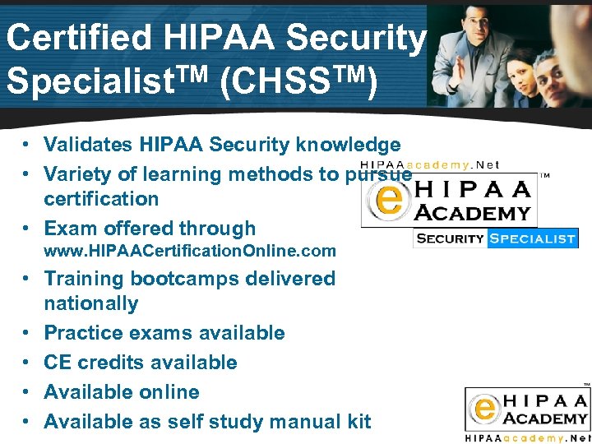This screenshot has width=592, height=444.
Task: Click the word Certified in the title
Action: tap(78, 37)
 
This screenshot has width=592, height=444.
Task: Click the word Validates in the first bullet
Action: tap(91, 146)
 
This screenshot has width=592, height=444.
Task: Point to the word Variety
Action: tap(79, 174)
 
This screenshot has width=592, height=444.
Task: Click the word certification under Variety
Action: tap(101, 199)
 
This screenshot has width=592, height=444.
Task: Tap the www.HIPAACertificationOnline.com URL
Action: tap(190, 250)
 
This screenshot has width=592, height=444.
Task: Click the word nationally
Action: tap(90, 303)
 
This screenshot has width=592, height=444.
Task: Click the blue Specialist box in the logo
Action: tap(532, 238)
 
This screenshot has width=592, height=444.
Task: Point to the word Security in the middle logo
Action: tap(451, 238)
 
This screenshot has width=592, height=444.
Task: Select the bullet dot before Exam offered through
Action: tap(27, 229)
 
